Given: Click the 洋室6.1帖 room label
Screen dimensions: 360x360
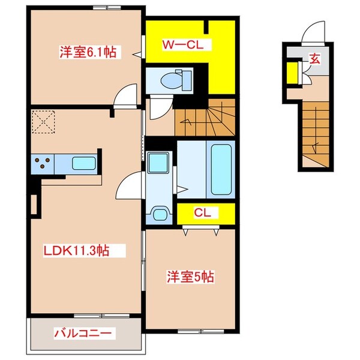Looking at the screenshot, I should pos(87,52).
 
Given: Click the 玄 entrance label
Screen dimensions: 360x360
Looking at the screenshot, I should pos(314,59).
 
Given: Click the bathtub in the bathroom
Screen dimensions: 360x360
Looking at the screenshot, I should pos(221,169).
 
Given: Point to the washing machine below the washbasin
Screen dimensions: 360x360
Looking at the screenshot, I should pos(160,214).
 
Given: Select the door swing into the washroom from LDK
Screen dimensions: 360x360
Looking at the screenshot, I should pos(128,185).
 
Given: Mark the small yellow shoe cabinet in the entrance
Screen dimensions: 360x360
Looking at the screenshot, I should pos(292,72).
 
